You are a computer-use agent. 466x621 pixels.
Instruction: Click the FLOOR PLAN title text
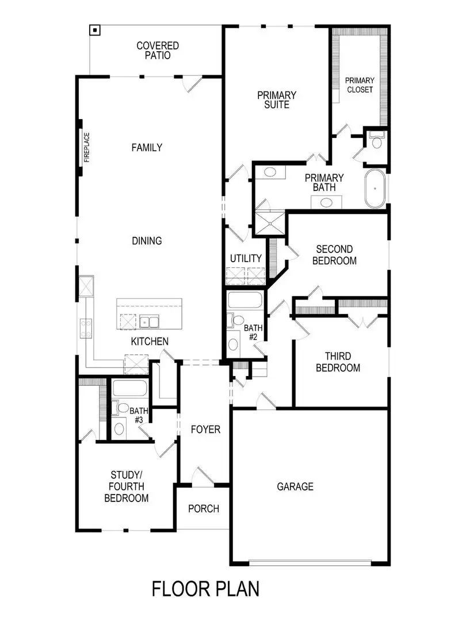tap(205, 589)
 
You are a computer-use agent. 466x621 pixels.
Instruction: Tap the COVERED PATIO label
tap(158, 51)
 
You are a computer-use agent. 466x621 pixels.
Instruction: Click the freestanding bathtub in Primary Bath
tap(376, 189)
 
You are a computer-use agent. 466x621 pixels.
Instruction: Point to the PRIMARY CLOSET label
tap(360, 85)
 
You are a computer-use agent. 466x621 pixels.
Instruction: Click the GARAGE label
tap(296, 486)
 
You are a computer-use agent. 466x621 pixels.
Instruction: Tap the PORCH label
tap(204, 508)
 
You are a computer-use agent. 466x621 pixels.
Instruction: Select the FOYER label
tap(205, 430)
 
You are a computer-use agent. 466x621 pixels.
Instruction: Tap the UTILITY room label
tap(246, 258)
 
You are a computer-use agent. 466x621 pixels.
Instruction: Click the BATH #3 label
tap(138, 415)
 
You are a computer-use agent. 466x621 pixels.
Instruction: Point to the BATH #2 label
tap(253, 332)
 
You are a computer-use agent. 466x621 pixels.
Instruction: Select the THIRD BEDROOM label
tap(338, 362)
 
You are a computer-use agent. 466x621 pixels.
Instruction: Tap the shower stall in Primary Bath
tap(269, 224)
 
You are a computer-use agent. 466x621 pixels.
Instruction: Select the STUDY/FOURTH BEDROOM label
tap(126, 486)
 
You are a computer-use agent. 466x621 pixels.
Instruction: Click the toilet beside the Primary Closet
tap(377, 142)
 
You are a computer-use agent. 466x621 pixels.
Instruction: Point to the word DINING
tap(147, 241)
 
